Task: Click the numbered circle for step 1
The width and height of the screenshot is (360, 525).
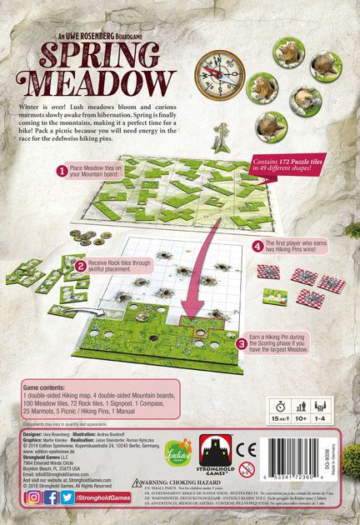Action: click(62, 170)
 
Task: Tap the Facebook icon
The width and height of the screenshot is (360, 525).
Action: click(52, 497)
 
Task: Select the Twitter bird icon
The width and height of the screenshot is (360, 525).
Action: click(69, 497)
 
